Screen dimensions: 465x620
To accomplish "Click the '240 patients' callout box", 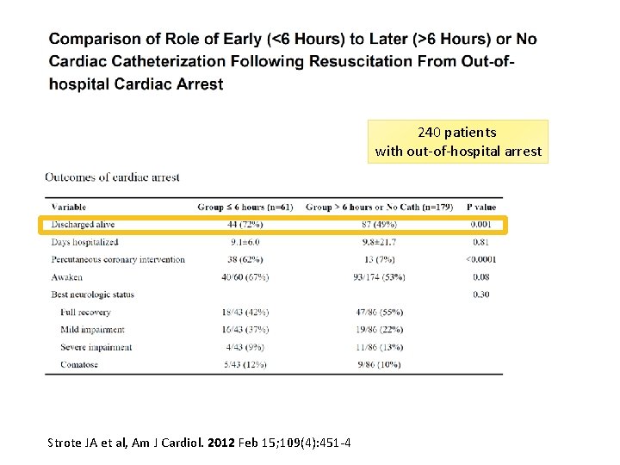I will (457, 141).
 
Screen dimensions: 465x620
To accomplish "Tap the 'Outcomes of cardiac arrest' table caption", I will (112, 177).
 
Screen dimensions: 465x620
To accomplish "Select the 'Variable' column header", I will (69, 207).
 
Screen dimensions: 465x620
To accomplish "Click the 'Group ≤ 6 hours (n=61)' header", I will (245, 207).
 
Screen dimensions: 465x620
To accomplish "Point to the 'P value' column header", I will (481, 207).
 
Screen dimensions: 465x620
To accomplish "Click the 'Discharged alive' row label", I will (83, 225).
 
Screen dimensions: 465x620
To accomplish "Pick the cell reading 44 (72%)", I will (245, 225).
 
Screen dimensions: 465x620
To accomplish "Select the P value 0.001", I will (481, 225).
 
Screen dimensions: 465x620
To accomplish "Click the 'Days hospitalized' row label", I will (85, 242).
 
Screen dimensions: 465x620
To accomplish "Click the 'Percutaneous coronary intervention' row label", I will (118, 259).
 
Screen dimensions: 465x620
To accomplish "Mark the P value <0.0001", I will (480, 259).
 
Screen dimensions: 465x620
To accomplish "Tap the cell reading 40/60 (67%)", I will (245, 277).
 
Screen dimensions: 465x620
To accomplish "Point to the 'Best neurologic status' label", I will (93, 294).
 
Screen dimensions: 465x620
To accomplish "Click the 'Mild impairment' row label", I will (92, 330).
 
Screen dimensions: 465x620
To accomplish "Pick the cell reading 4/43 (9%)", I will (245, 347).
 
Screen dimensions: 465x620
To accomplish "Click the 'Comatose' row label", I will (79, 364).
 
